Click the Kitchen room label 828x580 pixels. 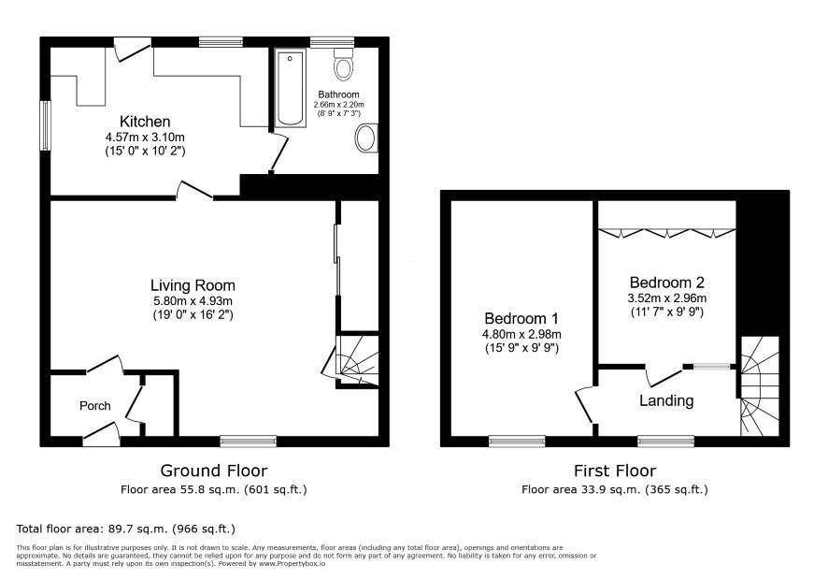click(145, 122)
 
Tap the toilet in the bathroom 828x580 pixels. click(344, 65)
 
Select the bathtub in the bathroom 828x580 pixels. click(290, 89)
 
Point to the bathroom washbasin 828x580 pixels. click(365, 138)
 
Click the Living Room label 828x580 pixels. click(193, 285)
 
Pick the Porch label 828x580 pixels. click(95, 405)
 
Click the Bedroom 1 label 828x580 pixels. click(521, 318)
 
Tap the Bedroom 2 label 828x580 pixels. click(667, 283)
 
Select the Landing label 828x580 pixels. click(666, 400)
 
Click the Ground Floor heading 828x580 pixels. click(214, 470)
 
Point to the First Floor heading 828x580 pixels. click(615, 470)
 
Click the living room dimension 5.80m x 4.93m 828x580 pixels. click(193, 301)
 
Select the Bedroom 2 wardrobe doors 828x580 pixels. click(667, 232)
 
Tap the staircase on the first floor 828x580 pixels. click(760, 386)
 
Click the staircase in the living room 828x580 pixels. click(358, 360)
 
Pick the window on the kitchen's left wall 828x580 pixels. click(46, 126)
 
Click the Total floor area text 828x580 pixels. click(125, 529)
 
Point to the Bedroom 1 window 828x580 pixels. click(517, 441)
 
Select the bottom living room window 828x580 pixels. click(249, 441)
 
